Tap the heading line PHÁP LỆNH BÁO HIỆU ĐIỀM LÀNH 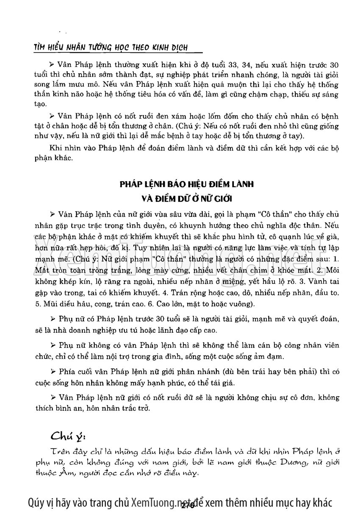[x=180, y=185]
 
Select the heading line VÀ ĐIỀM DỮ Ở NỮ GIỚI [x=180, y=199]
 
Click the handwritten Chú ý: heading [x=69, y=436]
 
